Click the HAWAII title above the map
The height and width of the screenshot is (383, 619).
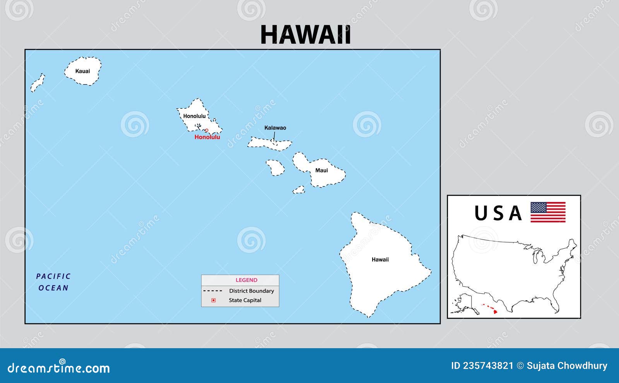305,35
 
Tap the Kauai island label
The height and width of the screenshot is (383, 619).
82,71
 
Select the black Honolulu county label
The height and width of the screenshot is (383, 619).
194,116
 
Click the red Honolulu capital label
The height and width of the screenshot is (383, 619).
207,137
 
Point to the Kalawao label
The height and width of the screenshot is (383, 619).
275,128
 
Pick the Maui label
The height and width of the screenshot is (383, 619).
321,170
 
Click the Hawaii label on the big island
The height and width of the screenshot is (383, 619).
380,260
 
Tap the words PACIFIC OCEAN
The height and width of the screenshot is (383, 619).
53,282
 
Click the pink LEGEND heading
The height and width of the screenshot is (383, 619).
246,280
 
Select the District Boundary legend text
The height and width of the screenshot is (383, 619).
251,291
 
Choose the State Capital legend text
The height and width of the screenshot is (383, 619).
245,300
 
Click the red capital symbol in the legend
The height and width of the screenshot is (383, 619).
213,300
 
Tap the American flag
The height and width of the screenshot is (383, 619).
548,212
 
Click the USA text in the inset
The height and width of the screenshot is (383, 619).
498,213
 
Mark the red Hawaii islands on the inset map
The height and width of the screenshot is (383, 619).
490,309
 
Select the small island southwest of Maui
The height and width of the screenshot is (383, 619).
299,190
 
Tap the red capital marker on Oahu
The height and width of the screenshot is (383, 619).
207,130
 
